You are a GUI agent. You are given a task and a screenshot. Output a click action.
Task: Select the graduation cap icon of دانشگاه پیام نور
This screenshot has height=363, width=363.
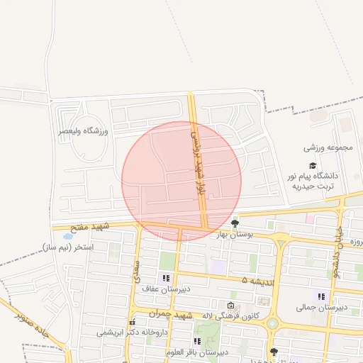[x=312, y=164]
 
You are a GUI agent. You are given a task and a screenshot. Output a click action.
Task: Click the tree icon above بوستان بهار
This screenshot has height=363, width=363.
[x=235, y=222]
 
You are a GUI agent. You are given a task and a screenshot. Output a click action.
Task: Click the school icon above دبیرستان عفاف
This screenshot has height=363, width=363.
[x=166, y=278]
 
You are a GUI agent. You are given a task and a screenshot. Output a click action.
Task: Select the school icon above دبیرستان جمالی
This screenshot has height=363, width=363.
[x=321, y=296]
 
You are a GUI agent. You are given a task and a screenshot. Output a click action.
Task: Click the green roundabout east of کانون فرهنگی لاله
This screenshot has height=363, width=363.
[x=272, y=324]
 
